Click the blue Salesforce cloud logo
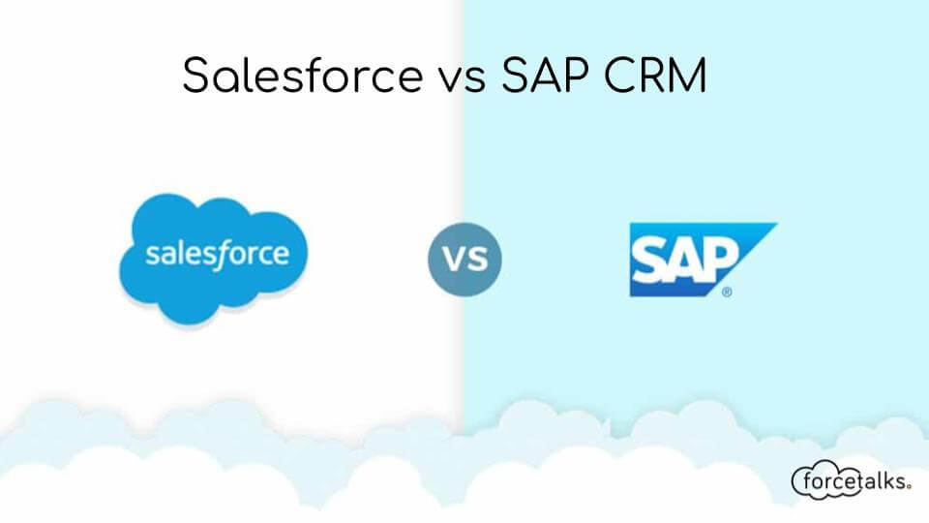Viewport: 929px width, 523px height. click(x=216, y=256)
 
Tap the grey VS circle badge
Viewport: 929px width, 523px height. click(x=464, y=261)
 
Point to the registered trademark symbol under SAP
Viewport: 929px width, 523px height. click(x=727, y=290)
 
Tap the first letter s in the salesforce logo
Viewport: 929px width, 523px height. click(x=152, y=256)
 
